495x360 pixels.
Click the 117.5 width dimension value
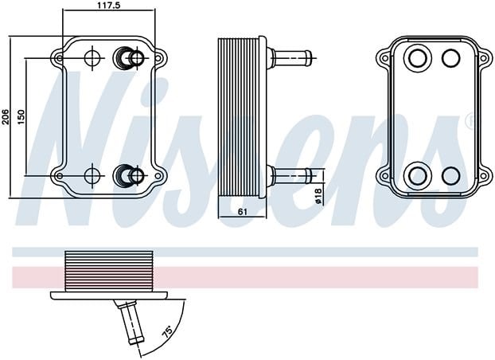click(x=107, y=5)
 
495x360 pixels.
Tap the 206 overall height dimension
click(x=6, y=117)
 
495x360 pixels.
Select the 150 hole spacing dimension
click(x=21, y=117)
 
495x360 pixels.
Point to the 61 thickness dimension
click(x=242, y=211)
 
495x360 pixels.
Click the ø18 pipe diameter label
click(x=318, y=196)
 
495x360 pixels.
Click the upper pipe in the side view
click(x=291, y=58)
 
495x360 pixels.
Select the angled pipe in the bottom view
click(x=131, y=322)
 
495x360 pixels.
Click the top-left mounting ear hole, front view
click(x=59, y=58)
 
